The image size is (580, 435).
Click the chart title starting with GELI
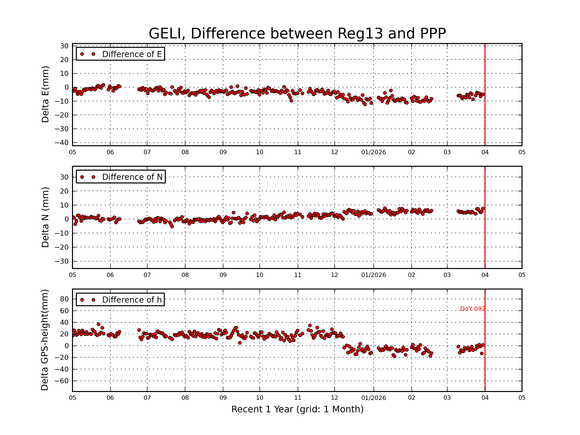click(297, 34)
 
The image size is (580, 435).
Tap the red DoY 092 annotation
click(472, 309)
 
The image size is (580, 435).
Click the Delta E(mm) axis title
click(45, 94)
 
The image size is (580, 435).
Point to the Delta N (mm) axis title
click(45, 217)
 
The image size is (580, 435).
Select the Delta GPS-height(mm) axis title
click(44, 340)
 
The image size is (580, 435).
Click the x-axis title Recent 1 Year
click(297, 409)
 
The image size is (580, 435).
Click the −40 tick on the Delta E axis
click(61, 143)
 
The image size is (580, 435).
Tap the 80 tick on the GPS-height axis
click(64, 299)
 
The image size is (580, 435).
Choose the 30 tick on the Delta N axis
click(64, 177)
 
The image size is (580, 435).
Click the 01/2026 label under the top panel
click(373, 152)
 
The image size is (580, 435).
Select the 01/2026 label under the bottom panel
click(373, 398)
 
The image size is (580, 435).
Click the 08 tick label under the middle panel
click(185, 275)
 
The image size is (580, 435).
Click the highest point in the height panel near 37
click(98, 324)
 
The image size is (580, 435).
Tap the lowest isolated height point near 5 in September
click(240, 343)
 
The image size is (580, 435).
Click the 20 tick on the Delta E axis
click(64, 60)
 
